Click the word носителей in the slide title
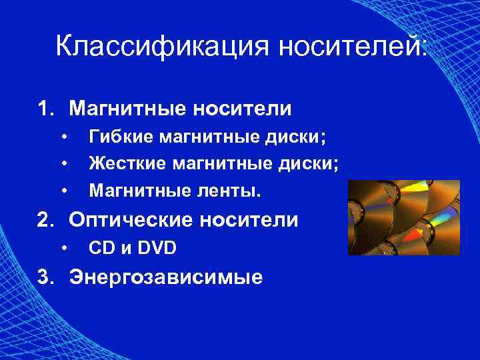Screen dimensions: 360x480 click(353, 47)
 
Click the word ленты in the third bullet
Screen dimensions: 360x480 click(233, 192)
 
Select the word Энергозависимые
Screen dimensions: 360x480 click(166, 276)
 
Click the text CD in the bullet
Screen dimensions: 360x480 click(101, 249)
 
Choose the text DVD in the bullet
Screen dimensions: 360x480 click(157, 249)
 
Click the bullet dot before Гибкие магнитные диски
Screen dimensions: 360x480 click(64, 137)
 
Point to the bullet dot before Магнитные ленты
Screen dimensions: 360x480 click(64, 192)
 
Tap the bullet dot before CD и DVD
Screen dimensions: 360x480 click(64, 249)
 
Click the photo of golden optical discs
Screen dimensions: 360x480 click(403, 217)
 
